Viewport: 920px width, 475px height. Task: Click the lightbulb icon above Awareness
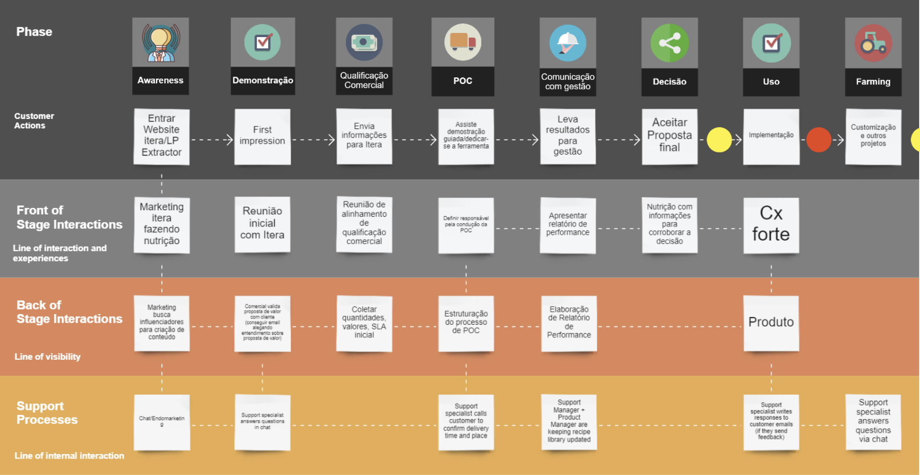tap(161, 42)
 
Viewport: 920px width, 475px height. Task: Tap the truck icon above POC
tap(463, 42)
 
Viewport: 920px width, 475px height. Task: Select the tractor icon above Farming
tap(873, 43)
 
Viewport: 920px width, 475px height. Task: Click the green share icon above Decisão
tap(669, 43)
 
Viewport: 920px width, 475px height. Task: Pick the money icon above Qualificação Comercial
tap(364, 42)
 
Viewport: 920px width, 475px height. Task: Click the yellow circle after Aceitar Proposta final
tap(719, 140)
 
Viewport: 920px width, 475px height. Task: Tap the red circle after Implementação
tap(819, 140)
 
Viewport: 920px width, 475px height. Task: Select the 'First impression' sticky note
tap(262, 136)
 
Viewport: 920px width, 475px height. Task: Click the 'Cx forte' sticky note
tap(771, 225)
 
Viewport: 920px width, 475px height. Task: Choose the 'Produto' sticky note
tap(771, 323)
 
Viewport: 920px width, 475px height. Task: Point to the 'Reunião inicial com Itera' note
tap(262, 224)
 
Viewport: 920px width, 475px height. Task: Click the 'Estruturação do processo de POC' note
tap(466, 323)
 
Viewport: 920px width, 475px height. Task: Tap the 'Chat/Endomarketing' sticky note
tap(161, 421)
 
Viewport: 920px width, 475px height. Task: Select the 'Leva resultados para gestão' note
tap(567, 136)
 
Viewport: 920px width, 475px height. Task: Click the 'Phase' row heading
tap(34, 32)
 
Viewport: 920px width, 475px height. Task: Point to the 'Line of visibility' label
tap(47, 357)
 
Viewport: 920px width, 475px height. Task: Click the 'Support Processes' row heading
tap(47, 412)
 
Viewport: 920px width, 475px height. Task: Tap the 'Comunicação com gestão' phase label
tap(567, 81)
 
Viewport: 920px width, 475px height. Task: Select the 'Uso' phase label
tap(771, 81)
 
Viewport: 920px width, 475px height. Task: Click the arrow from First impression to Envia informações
tap(313, 140)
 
